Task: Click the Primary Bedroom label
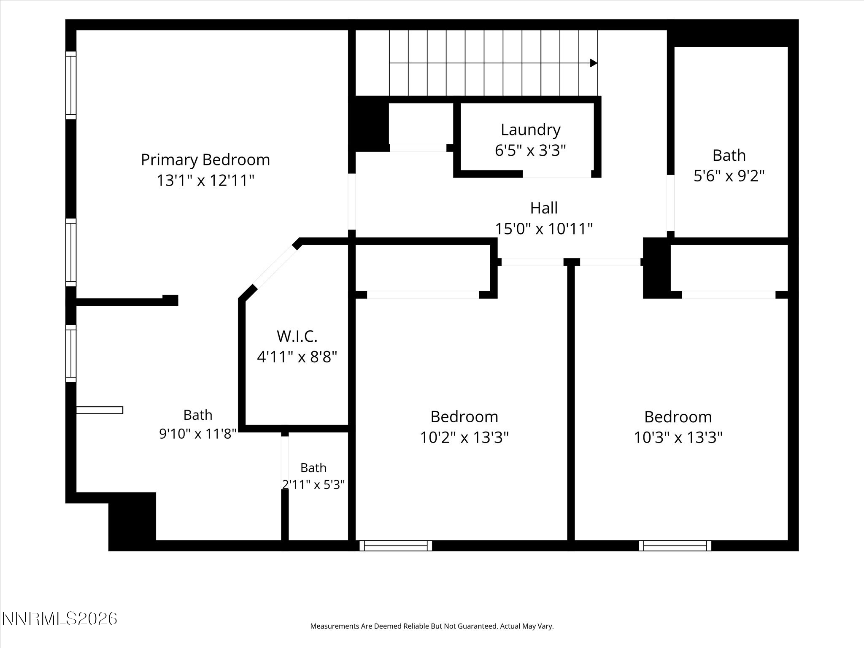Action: click(205, 160)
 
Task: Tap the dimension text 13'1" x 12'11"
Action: click(205, 181)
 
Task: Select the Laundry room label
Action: click(530, 130)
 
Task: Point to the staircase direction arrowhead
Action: click(594, 63)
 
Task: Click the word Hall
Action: click(544, 208)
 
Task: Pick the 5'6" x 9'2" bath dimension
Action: click(729, 176)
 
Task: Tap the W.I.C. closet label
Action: click(297, 336)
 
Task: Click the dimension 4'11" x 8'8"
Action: click(297, 357)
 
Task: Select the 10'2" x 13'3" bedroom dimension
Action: click(464, 437)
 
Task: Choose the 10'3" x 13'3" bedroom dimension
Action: click(678, 437)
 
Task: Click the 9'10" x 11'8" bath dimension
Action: click(197, 434)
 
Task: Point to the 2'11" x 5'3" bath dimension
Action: click(313, 485)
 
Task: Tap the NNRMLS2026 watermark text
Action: click(59, 619)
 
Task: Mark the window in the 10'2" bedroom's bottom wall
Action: click(396, 545)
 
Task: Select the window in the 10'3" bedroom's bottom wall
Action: click(675, 545)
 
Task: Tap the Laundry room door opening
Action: click(557, 174)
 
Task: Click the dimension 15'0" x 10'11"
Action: click(544, 229)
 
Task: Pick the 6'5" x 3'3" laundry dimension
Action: click(530, 151)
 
